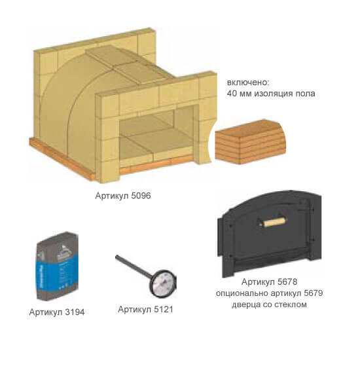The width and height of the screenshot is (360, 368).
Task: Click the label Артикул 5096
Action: click(x=123, y=196)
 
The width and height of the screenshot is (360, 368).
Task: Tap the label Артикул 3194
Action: click(x=57, y=312)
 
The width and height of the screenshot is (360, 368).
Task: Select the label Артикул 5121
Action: click(x=145, y=309)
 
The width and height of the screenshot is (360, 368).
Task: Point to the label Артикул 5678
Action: click(x=269, y=282)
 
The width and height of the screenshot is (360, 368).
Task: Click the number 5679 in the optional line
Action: click(x=313, y=293)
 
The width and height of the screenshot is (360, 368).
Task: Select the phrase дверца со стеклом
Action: click(x=269, y=304)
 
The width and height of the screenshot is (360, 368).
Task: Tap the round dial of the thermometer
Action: click(x=163, y=284)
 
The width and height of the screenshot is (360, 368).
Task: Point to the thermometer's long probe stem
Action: click(x=134, y=265)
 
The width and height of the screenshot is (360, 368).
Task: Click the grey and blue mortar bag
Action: click(x=57, y=266)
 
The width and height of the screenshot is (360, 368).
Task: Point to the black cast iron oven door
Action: click(x=269, y=234)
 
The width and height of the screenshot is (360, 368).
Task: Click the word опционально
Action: click(x=242, y=293)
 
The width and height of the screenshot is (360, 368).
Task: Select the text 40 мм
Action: click(x=239, y=94)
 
